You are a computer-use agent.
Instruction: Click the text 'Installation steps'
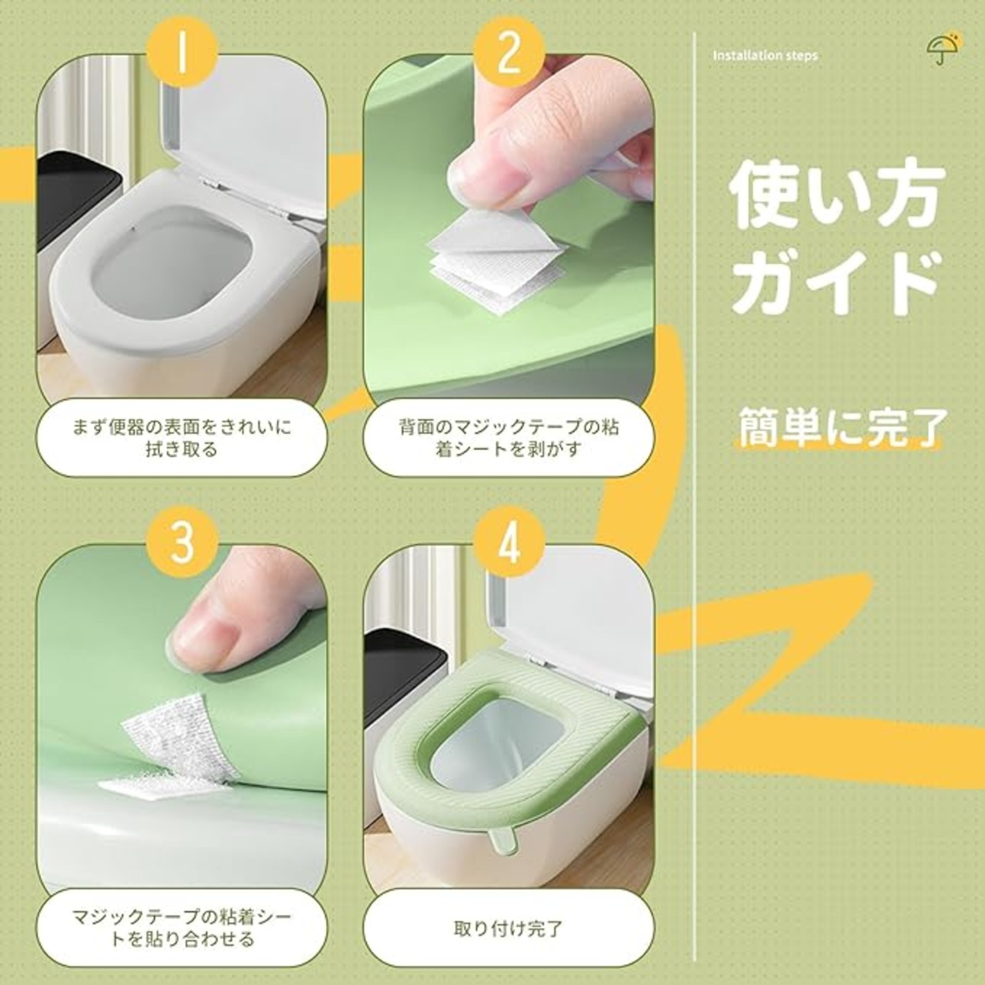(x=765, y=55)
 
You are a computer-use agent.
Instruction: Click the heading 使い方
(x=833, y=199)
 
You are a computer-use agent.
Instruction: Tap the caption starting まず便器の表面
(x=182, y=438)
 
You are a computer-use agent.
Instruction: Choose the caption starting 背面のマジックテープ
(x=509, y=438)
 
